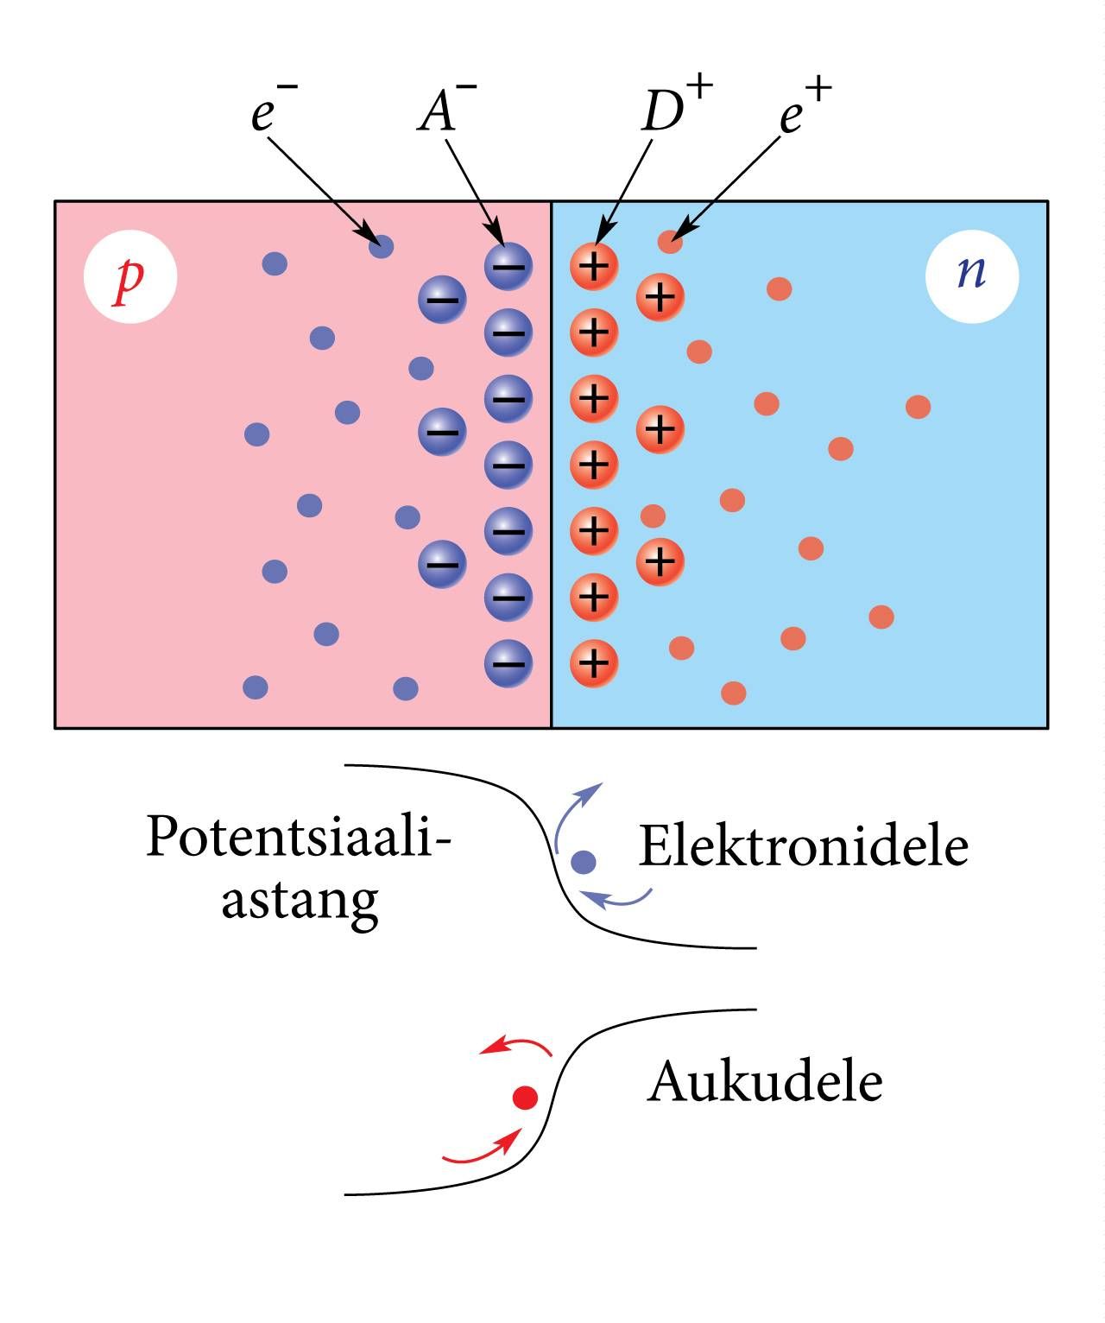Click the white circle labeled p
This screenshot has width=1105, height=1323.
click(x=130, y=276)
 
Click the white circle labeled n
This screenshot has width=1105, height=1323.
click(x=972, y=276)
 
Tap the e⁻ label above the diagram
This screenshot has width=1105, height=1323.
click(x=274, y=108)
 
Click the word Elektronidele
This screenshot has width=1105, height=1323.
click(x=804, y=846)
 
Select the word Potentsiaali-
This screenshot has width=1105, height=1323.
click(x=299, y=837)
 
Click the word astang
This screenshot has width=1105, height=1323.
click(x=300, y=903)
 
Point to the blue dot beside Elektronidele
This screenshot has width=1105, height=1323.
click(x=584, y=862)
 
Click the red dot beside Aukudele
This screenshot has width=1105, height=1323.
click(x=525, y=1098)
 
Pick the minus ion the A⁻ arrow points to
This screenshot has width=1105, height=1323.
click(x=508, y=267)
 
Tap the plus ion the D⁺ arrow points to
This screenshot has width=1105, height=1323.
click(x=594, y=267)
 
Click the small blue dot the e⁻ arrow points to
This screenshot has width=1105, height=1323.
click(x=381, y=246)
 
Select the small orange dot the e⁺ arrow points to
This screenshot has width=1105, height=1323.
click(x=670, y=242)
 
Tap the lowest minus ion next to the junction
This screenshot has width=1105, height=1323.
click(x=508, y=663)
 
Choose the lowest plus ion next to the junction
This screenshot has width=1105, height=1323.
click(x=594, y=663)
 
